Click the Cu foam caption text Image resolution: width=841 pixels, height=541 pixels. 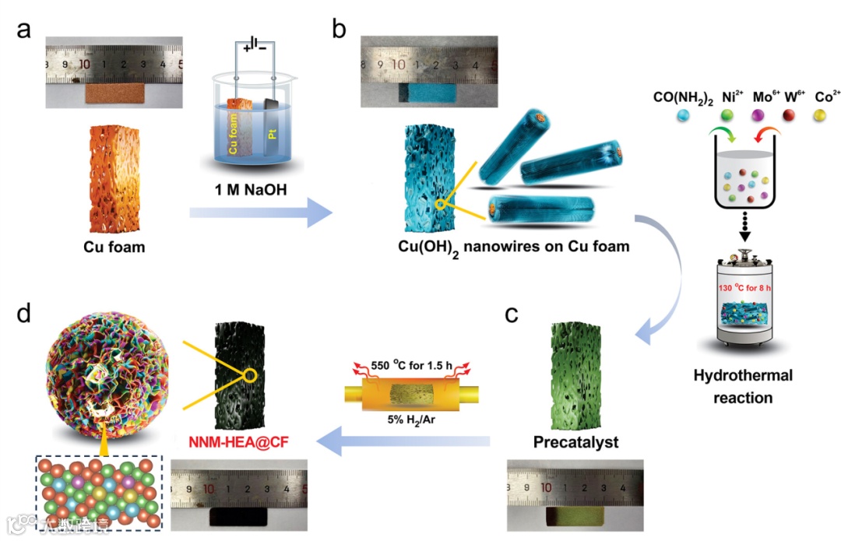[x=114, y=248]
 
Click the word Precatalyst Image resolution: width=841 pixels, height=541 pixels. [x=575, y=442]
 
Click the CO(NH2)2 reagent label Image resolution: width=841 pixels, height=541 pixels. [x=681, y=97]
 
